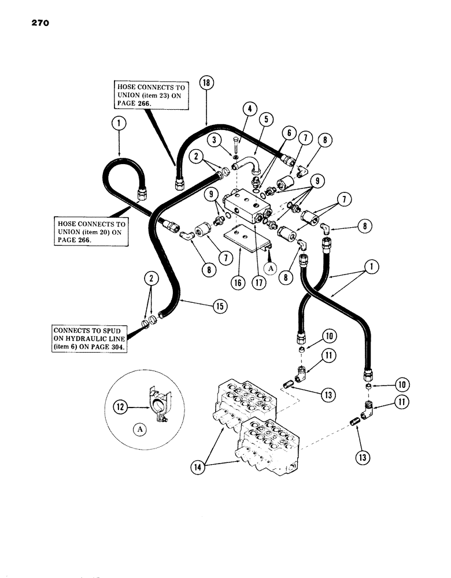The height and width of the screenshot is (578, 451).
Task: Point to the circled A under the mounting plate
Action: pyautogui.click(x=269, y=268)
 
